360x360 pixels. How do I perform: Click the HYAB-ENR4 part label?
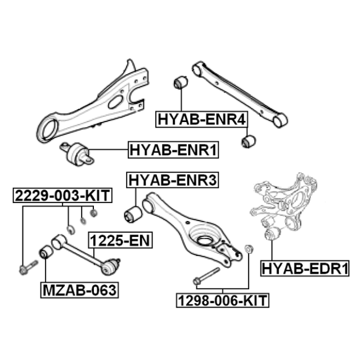coord(201,119)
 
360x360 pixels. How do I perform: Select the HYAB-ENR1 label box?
coord(173,150)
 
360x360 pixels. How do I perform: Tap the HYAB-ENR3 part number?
coord(173,180)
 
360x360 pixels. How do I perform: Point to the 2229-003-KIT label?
coord(62,196)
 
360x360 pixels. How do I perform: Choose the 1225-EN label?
coord(120,240)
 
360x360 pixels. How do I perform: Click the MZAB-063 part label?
coord(80,290)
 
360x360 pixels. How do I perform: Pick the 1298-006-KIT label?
coord(223,300)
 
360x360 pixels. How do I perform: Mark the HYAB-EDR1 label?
coord(305,268)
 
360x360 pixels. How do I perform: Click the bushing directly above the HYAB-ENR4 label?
coord(181,83)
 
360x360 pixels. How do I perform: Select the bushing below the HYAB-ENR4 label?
coord(249,141)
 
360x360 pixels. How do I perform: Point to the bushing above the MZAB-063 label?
coord(46,252)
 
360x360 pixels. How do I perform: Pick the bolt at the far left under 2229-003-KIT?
coord(28,267)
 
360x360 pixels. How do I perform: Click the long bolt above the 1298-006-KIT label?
coord(206,276)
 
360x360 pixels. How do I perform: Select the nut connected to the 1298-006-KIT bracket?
coord(249,249)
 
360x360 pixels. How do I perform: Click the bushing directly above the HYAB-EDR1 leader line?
coord(272,235)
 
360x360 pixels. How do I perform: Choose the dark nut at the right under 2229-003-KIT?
coord(94,213)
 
